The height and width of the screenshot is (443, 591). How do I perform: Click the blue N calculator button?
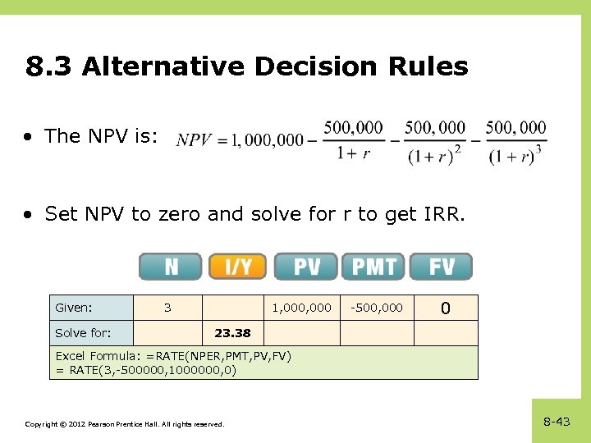(x=170, y=267)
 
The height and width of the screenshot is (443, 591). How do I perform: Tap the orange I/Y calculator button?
(x=238, y=267)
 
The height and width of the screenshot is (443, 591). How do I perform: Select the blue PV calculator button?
(x=305, y=267)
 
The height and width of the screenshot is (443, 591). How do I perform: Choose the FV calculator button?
(x=441, y=267)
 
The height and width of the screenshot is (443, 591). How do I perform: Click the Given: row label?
(x=73, y=308)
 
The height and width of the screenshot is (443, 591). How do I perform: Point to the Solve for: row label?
(x=83, y=333)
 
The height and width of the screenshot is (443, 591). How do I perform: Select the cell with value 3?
(x=167, y=308)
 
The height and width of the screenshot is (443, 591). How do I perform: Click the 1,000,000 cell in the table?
(x=301, y=308)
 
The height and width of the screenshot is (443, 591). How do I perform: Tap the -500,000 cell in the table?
(x=378, y=308)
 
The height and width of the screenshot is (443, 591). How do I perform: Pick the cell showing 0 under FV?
(x=445, y=308)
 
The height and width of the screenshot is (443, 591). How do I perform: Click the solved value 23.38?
(x=232, y=333)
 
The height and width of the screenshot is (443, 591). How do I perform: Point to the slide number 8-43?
(x=557, y=422)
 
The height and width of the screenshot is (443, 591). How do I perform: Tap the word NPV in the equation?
(x=194, y=140)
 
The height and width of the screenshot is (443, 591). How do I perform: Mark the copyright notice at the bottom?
(x=124, y=424)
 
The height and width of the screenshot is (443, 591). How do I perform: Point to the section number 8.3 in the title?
(x=49, y=66)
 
